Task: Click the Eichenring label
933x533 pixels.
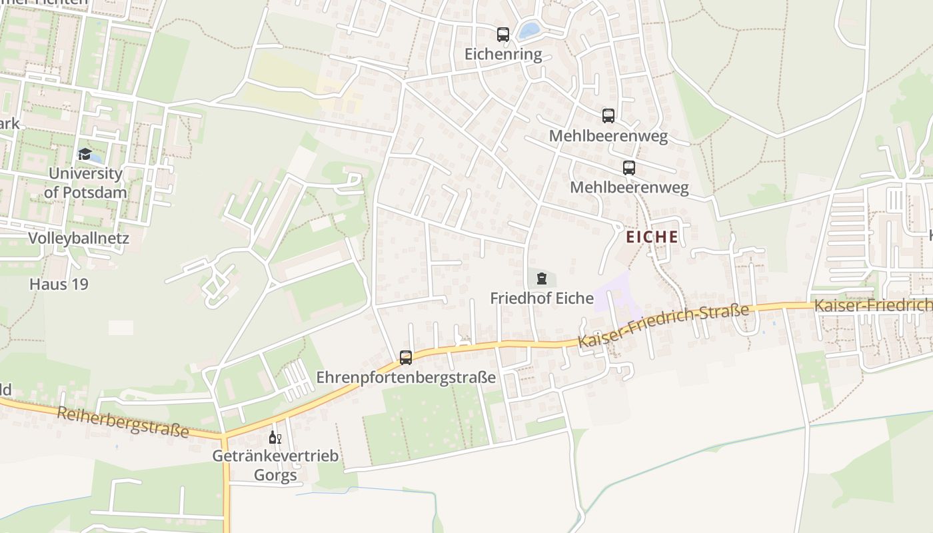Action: point(503,55)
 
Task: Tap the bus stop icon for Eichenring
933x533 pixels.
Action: point(503,35)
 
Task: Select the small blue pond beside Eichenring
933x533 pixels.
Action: point(530,30)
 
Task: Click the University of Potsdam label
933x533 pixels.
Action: point(85,183)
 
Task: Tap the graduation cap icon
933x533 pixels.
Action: point(85,155)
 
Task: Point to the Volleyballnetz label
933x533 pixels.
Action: point(79,238)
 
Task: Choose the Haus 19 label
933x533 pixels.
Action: point(59,284)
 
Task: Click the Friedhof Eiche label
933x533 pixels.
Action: point(542,298)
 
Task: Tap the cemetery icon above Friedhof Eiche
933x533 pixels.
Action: point(541,278)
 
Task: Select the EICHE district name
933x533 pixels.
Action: point(652,237)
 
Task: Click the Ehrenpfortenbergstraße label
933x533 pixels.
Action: point(406,377)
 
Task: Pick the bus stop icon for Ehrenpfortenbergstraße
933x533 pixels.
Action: point(406,357)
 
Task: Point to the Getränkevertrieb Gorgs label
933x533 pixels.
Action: point(275,466)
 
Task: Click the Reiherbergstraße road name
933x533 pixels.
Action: point(123,422)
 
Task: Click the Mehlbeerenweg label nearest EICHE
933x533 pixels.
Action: point(629,187)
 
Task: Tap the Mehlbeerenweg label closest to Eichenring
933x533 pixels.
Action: point(608,136)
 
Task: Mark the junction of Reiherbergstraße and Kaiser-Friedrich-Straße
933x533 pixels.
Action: point(225,436)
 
